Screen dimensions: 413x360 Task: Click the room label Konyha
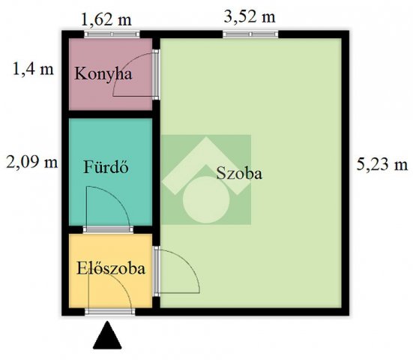(103, 73)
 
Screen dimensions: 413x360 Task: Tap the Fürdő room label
(106, 166)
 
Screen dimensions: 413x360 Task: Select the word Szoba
(239, 173)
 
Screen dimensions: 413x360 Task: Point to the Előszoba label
(111, 268)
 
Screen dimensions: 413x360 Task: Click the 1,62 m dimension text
(106, 19)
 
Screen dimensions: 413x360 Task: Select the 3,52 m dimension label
(250, 16)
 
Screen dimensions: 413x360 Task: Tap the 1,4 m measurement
(33, 69)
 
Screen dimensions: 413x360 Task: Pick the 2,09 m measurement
(32, 162)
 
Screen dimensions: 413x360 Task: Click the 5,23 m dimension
(382, 164)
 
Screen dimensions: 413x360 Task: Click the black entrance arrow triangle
(107, 335)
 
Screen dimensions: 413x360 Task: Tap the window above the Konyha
(112, 34)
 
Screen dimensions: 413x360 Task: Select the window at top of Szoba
(250, 34)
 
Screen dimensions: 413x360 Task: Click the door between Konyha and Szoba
(156, 74)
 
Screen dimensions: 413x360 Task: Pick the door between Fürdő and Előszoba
(108, 229)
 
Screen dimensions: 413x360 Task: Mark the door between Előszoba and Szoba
(156, 271)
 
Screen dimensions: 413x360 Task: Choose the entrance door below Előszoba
(110, 312)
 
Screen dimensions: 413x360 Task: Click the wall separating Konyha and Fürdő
(111, 115)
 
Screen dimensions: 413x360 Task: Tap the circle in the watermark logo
(206, 199)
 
